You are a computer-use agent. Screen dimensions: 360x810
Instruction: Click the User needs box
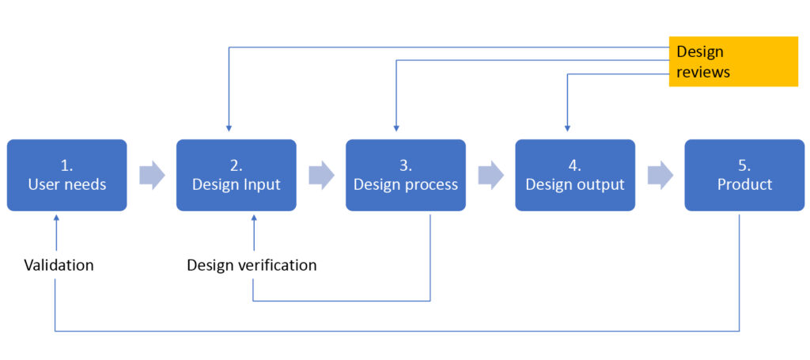pos(66,175)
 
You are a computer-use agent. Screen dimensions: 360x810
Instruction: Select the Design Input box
pos(236,175)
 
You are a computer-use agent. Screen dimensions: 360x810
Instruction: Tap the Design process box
pos(406,175)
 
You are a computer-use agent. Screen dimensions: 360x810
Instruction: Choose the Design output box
pos(575,175)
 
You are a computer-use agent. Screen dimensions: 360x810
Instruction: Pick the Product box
pos(744,175)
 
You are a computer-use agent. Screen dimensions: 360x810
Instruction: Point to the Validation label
pos(59,265)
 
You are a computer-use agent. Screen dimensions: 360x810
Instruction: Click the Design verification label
pos(252,265)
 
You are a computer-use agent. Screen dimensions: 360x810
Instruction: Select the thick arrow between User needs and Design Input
pos(152,175)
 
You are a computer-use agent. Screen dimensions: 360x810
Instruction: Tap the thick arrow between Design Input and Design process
pos(321,175)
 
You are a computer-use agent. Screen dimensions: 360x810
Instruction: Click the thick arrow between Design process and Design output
pos(490,175)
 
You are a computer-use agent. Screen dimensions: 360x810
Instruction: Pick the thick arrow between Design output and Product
pos(660,175)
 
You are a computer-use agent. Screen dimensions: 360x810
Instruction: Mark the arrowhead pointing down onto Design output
pos(566,127)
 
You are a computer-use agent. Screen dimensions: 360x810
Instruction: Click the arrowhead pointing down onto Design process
pos(396,127)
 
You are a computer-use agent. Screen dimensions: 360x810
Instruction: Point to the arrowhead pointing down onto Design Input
pos(229,127)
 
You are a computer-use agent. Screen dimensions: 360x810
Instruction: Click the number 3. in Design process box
pos(406,165)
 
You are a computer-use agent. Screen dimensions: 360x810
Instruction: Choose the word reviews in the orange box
pos(703,72)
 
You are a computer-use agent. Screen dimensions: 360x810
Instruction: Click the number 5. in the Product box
pos(744,165)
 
